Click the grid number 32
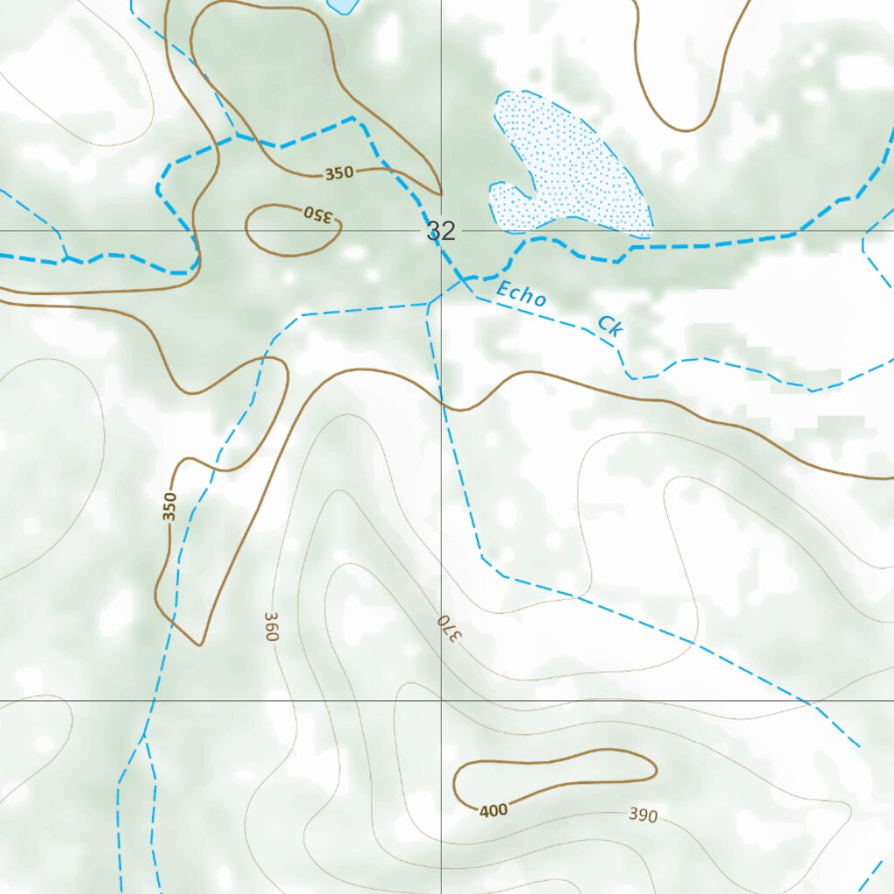[442, 231]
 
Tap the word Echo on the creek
[521, 294]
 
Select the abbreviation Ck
[610, 327]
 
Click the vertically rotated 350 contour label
[170, 506]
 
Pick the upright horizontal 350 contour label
[340, 173]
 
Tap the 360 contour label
[269, 627]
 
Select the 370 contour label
[447, 627]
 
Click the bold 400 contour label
[493, 810]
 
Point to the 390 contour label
[643, 815]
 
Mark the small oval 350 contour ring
[292, 230]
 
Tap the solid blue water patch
[342, 4]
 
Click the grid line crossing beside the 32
[441, 231]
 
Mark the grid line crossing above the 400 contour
[441, 700]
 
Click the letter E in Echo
[502, 288]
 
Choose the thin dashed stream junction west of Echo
[429, 305]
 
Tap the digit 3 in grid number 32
[435, 231]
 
